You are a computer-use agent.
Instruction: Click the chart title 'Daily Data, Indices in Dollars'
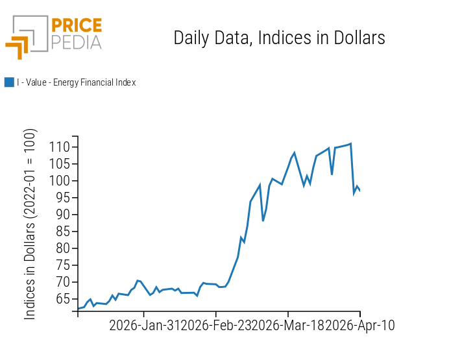279,38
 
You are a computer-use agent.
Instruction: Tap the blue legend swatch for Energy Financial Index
9,82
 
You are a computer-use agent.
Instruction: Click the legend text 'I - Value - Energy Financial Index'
76,82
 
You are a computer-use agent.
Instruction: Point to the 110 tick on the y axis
60,147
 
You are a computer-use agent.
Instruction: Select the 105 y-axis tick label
60,164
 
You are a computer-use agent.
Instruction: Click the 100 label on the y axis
60,181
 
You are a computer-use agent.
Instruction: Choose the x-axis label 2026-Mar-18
286,325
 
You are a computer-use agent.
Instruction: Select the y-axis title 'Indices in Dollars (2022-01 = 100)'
30,224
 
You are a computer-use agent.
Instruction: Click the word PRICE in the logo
76,26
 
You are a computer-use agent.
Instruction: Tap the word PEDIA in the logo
76,43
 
